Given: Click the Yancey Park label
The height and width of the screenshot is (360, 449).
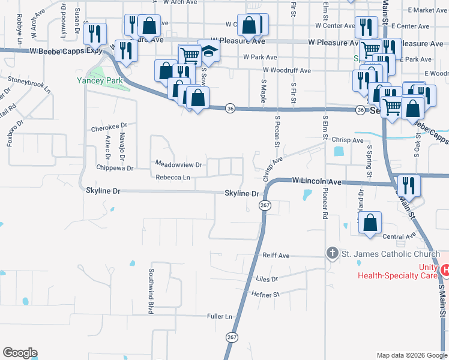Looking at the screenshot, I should click(100, 80).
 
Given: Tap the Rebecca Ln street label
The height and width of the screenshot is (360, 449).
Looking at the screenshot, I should click(173, 178).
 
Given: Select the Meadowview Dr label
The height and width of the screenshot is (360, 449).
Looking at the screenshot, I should click(179, 164).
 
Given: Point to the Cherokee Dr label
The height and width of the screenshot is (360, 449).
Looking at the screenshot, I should click(109, 128).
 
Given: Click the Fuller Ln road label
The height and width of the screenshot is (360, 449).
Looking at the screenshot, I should click(219, 316).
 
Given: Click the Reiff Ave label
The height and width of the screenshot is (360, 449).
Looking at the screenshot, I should click(276, 256).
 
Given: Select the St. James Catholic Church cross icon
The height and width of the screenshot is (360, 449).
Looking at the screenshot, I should click(332, 254).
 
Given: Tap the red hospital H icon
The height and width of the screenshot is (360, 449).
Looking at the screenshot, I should click(445, 271).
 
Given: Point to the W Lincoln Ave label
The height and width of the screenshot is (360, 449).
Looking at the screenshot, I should click(316, 181).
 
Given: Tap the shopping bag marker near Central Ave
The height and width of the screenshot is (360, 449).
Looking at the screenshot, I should click(371, 222).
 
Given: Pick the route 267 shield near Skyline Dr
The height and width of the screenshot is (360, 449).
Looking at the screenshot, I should click(264, 206).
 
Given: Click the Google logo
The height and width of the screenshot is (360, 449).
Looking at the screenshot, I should click(20, 353).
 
